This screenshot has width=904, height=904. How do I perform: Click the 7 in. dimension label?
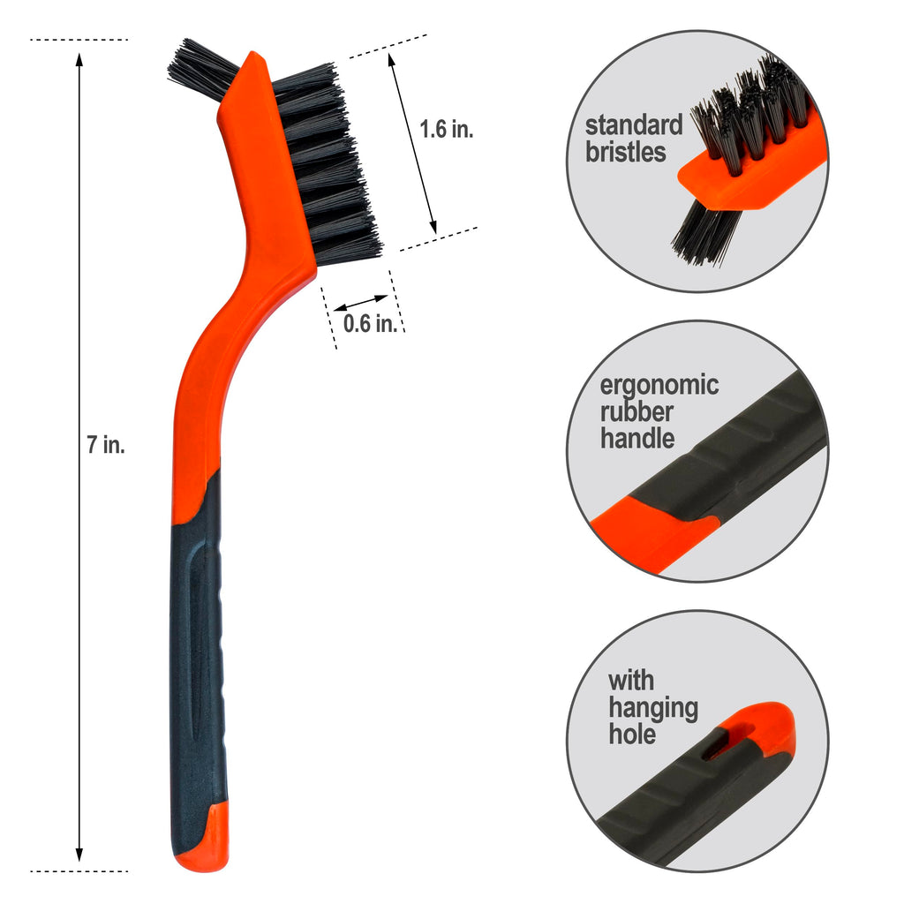tap(106, 445)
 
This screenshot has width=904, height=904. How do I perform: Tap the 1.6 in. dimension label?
tap(446, 129)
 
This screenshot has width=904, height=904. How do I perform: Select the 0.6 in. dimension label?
tap(370, 323)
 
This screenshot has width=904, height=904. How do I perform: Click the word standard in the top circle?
tap(634, 124)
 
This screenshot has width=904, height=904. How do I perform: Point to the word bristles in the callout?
tap(626, 152)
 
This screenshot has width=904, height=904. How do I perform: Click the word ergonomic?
tap(659, 386)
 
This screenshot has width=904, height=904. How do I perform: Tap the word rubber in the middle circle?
tap(637, 411)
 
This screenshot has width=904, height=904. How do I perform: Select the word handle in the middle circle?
tap(637, 438)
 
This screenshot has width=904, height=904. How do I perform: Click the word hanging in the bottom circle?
tap(653, 708)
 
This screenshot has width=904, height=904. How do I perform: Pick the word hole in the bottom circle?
tap(632, 734)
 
